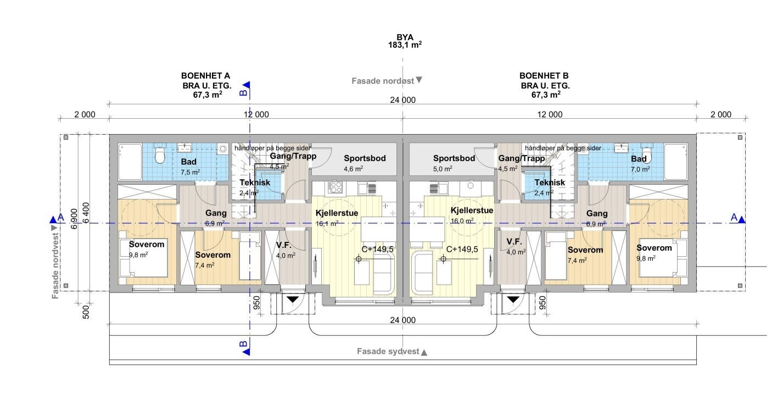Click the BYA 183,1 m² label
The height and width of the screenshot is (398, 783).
405,41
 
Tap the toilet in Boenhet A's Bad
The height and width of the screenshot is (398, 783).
160,156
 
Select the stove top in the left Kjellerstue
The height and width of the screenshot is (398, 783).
335,187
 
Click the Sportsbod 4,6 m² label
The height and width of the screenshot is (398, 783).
365,163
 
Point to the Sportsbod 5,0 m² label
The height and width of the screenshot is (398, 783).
454,163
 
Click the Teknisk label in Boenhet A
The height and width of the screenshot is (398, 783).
254,183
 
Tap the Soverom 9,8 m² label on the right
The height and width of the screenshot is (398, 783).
653,252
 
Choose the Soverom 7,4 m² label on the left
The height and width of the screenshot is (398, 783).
212,259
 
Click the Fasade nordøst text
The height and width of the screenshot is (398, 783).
383,81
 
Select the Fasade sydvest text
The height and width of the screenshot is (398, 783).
388,351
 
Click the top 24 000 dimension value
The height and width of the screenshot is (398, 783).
402,99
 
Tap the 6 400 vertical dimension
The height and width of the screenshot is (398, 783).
86,213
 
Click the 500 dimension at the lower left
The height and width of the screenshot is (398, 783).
86,312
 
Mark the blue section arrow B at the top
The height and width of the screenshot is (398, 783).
246,85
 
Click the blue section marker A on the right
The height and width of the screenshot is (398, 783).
741,220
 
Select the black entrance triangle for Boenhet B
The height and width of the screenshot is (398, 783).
513,300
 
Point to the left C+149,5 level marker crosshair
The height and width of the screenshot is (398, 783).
359,259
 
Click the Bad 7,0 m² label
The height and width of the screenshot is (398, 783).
639,163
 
